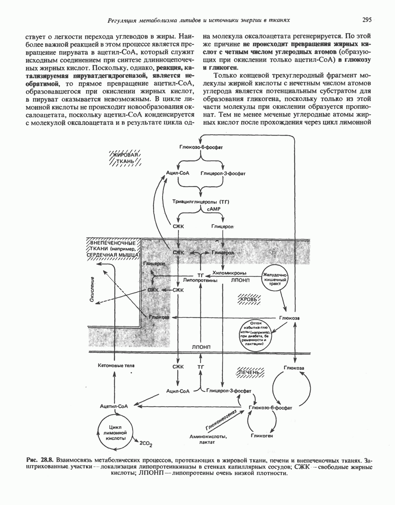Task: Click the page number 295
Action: click(367, 20)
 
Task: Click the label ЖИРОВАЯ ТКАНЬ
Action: click(125, 158)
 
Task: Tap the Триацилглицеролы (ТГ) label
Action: click(201, 202)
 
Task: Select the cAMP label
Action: click(214, 209)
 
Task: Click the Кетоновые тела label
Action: click(115, 366)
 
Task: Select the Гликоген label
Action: click(262, 435)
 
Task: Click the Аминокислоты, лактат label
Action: click(208, 439)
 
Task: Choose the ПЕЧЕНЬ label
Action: click(250, 372)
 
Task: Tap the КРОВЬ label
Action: click(251, 300)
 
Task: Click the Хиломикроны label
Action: click(233, 273)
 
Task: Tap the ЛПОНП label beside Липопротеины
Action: click(240, 279)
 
